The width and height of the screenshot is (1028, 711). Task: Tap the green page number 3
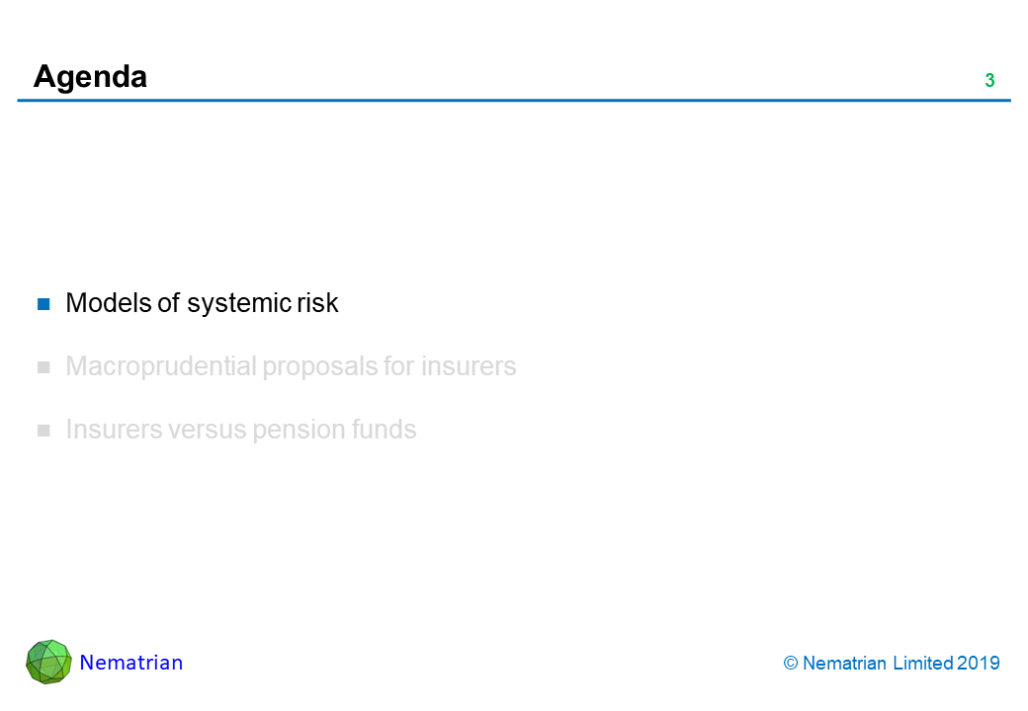(x=990, y=81)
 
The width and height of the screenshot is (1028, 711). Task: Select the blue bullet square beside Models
(x=43, y=304)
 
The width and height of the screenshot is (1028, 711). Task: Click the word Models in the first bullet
(x=109, y=303)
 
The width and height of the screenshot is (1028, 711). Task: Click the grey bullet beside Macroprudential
(x=43, y=367)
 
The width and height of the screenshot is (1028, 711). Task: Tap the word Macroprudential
(x=160, y=366)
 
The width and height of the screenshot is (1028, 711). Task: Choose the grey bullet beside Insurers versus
(x=43, y=431)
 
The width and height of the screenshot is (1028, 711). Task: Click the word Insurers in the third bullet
(x=114, y=430)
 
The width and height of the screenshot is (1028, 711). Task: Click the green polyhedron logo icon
(x=48, y=662)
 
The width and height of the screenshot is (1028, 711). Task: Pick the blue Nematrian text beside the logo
(x=131, y=663)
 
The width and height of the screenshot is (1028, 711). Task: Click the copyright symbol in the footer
(x=791, y=664)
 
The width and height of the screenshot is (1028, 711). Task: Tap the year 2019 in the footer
(x=979, y=664)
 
